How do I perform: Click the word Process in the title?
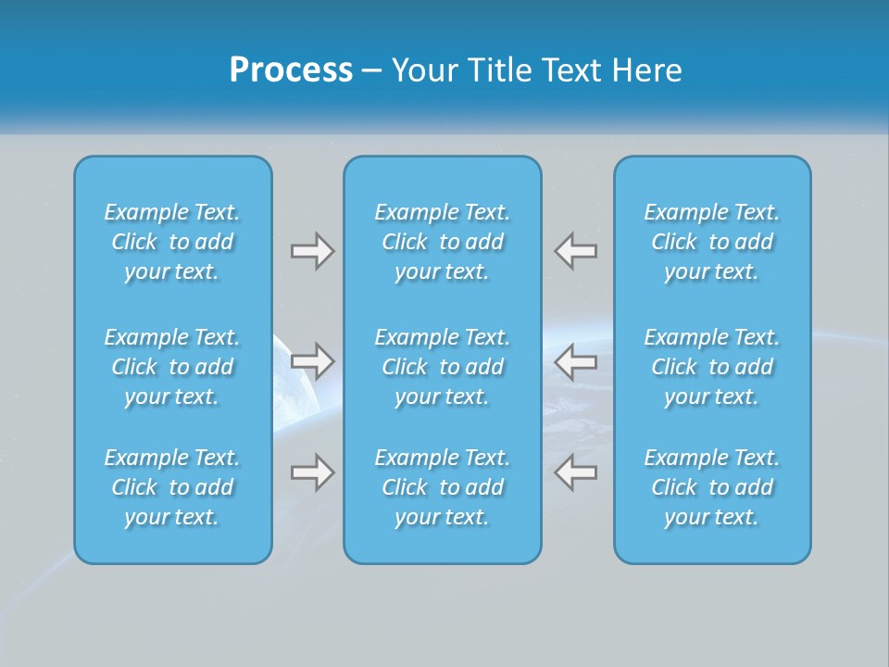291,70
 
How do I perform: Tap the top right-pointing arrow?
312,250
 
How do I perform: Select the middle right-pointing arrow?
312,360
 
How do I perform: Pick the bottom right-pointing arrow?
312,472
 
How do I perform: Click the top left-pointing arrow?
575,250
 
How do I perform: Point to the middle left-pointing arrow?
575,360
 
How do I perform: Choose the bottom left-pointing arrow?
575,472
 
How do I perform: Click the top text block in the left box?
172,242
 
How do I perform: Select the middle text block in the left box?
172,367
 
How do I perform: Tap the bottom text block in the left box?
172,487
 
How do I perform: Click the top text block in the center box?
442,242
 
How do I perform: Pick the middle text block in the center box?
442,367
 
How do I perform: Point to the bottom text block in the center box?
442,487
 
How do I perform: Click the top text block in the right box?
711,242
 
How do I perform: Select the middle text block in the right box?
711,367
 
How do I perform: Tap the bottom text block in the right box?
711,487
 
